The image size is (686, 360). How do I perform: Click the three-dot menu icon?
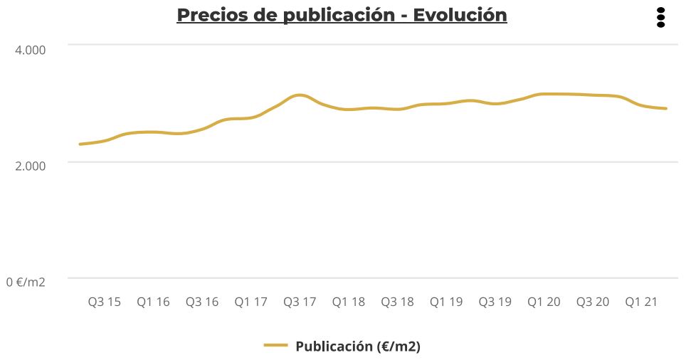click(x=660, y=17)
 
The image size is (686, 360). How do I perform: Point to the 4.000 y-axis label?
click(x=30, y=50)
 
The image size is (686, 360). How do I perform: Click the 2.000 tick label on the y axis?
click(x=30, y=165)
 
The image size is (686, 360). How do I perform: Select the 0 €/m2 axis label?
click(x=26, y=282)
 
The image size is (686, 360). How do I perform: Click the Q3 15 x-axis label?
click(x=105, y=302)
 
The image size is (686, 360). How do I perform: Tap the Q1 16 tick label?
click(x=153, y=302)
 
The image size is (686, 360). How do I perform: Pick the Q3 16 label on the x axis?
click(x=202, y=302)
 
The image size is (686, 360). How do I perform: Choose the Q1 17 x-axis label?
click(x=250, y=302)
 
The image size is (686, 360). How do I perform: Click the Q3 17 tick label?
click(x=300, y=302)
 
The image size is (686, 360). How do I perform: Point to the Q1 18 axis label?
click(x=348, y=302)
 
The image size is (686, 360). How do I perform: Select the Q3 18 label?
click(x=397, y=302)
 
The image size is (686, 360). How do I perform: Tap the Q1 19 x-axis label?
click(x=445, y=302)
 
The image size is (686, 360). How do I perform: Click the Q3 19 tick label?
click(x=495, y=302)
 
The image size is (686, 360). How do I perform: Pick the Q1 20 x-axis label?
click(x=544, y=302)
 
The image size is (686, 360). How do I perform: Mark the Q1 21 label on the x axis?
click(x=641, y=302)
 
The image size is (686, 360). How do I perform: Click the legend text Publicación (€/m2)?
click(x=357, y=346)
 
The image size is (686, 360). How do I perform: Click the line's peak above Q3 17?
click(x=300, y=95)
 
